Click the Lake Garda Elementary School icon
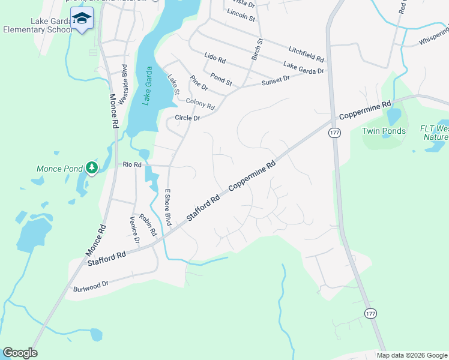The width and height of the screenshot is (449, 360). [82, 19]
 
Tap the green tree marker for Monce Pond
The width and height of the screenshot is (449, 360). [91, 167]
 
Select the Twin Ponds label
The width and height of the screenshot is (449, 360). [384, 131]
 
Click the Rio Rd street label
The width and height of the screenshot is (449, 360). [131, 164]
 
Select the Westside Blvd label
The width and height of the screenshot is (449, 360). [123, 85]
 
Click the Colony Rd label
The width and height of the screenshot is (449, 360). [200, 104]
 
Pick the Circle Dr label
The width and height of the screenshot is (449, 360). [187, 118]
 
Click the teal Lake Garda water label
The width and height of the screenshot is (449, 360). [146, 86]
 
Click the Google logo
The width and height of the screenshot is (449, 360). [20, 353]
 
